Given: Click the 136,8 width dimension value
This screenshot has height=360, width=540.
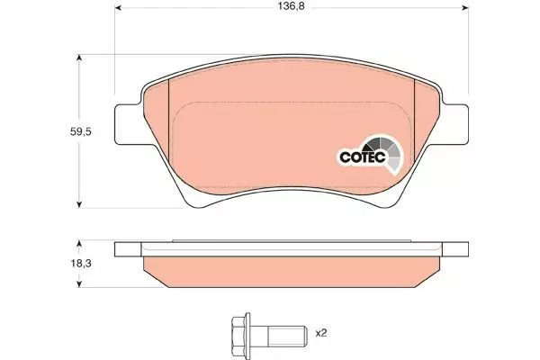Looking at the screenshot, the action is [292, 6].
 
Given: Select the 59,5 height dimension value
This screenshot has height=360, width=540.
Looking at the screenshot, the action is [81, 131].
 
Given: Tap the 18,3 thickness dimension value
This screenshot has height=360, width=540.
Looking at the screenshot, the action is [81, 264].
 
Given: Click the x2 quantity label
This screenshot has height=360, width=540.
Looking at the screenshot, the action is [321, 333].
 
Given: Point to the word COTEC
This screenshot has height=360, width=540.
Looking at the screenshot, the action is [363, 157].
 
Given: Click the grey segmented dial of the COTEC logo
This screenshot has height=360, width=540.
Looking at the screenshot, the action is [386, 151].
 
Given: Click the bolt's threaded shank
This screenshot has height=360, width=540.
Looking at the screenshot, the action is [287, 333].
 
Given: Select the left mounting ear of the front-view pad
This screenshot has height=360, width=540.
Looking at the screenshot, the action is [128, 124].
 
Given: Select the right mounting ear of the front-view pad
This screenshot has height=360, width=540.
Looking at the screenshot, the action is [454, 124].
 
